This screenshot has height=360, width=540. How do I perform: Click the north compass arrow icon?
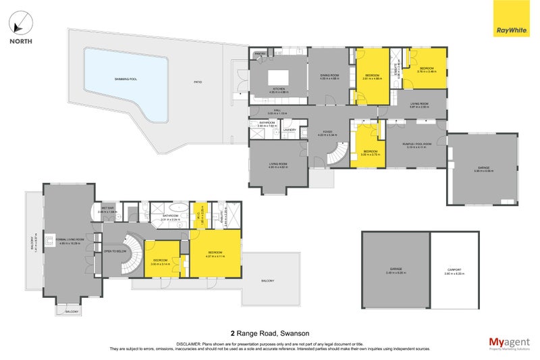click(21, 24)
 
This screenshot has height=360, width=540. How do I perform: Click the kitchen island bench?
click(277, 75)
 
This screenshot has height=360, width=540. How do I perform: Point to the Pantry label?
click(259, 53)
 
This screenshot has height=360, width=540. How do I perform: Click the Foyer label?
click(327, 132)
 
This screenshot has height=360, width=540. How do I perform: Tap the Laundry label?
click(290, 129)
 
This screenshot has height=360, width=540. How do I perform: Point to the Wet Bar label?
click(108, 209)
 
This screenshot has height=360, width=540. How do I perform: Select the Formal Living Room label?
click(70, 240)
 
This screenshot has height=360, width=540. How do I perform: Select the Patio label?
click(198, 82)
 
